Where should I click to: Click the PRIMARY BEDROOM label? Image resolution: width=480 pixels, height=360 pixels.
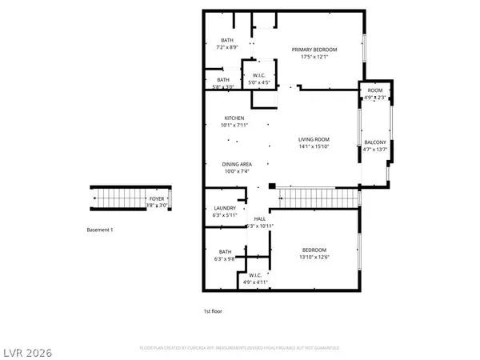(314, 50)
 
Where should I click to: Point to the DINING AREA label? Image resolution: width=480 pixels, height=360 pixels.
(237, 164)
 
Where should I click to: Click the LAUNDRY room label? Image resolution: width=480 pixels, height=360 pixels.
(224, 208)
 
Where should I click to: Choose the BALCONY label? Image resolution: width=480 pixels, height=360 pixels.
(374, 142)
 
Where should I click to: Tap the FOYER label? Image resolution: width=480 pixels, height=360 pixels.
(158, 198)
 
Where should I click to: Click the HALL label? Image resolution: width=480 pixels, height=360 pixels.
(260, 219)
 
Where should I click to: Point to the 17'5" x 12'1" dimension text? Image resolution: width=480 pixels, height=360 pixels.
(314, 57)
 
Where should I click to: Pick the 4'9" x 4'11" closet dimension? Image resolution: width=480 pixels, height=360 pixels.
(256, 281)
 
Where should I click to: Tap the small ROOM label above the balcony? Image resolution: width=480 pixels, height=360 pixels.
(374, 91)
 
